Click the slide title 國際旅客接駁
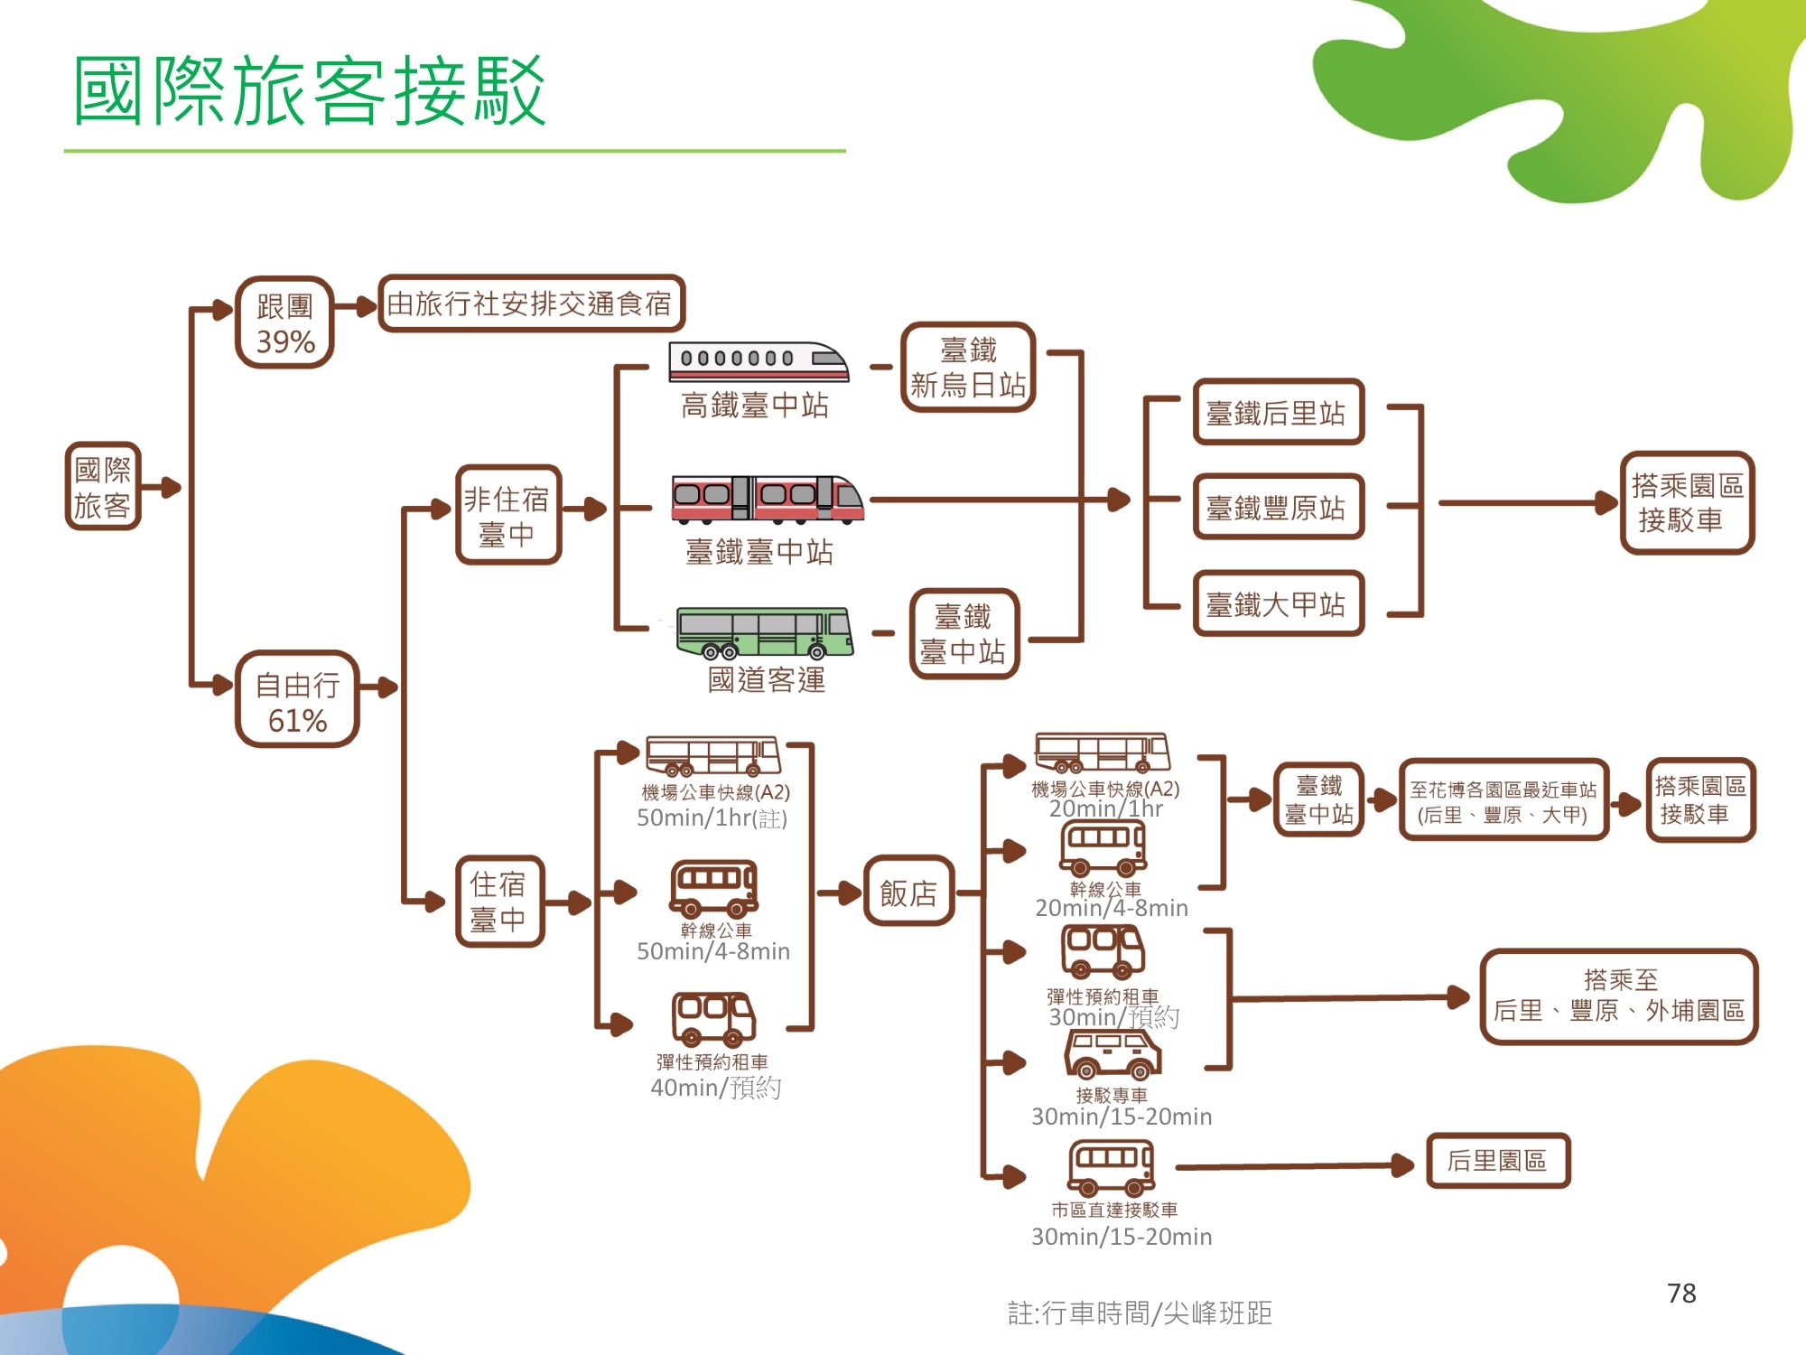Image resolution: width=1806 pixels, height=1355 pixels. [309, 90]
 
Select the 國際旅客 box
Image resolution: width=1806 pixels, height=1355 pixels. [103, 486]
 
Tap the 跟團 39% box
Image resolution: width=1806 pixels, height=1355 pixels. [284, 322]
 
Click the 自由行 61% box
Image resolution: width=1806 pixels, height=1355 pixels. [297, 700]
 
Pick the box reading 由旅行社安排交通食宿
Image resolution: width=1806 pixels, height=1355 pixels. [530, 304]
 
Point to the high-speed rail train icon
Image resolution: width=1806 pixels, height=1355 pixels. [759, 361]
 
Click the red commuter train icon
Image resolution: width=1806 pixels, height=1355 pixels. [768, 499]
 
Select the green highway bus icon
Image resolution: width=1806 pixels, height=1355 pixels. [765, 632]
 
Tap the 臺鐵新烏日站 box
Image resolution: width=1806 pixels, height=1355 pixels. [968, 367]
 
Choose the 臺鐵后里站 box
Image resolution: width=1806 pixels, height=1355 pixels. [1278, 413]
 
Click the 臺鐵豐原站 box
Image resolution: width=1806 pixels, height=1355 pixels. [1278, 507]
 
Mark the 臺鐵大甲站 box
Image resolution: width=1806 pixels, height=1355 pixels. [1278, 603]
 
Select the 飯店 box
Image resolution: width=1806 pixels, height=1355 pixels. [908, 892]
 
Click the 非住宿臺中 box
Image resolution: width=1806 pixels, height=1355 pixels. [508, 516]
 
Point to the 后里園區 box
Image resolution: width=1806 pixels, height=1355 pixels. [1498, 1161]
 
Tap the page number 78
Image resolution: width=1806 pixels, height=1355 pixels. [1681, 1294]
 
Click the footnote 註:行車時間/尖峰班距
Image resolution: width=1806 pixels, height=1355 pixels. [1140, 1313]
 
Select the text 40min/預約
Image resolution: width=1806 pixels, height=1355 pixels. [716, 1088]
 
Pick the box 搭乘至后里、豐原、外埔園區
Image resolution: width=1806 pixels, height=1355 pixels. [1619, 996]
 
